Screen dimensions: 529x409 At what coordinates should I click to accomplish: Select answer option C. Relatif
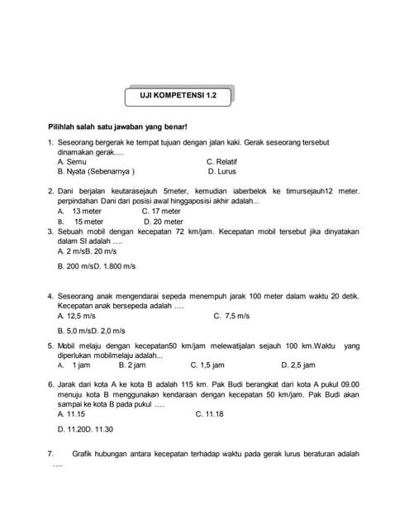point(222,161)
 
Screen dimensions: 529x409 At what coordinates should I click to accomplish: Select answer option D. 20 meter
point(163,222)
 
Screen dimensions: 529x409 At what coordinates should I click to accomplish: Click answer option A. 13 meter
point(81,211)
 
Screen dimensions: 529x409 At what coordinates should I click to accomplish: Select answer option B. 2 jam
point(133,364)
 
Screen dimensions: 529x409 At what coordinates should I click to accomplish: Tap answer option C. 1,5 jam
point(207,364)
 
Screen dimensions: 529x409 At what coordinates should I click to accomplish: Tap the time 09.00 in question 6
point(350,384)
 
